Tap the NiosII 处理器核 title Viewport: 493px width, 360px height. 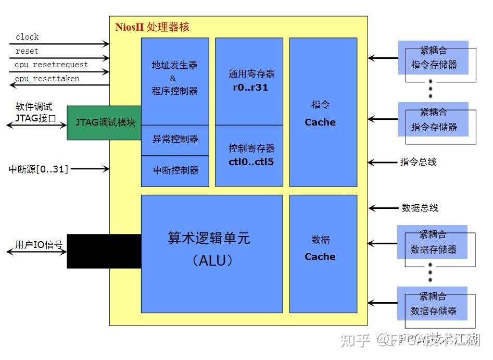pyautogui.click(x=152, y=27)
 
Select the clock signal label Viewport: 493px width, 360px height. pyautogui.click(x=27, y=37)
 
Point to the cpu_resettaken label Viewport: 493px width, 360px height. pyautogui.click(x=47, y=79)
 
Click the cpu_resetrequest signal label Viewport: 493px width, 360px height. pyautogui.click(x=51, y=65)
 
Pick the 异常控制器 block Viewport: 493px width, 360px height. pyautogui.click(x=175, y=140)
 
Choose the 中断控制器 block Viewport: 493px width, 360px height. pyautogui.click(x=175, y=170)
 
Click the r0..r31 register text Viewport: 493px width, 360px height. pyautogui.click(x=250, y=88)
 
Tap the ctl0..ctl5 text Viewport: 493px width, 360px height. pyautogui.click(x=251, y=162)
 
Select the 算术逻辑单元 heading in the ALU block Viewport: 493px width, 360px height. pyautogui.click(x=209, y=238)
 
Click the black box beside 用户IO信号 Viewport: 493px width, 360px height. pyautogui.click(x=104, y=251)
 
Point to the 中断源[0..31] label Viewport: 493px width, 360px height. pyautogui.click(x=39, y=169)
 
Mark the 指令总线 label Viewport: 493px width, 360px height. pyautogui.click(x=418, y=162)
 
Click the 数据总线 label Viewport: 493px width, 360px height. pyautogui.click(x=420, y=208)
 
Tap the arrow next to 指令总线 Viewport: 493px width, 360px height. pyautogui.click(x=383, y=163)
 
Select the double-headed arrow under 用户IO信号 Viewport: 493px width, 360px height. pyautogui.click(x=36, y=252)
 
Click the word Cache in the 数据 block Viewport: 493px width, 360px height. pyautogui.click(x=320, y=257)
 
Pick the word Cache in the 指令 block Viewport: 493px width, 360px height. pyautogui.click(x=320, y=122)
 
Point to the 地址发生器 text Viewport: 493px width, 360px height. pyautogui.click(x=174, y=65)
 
